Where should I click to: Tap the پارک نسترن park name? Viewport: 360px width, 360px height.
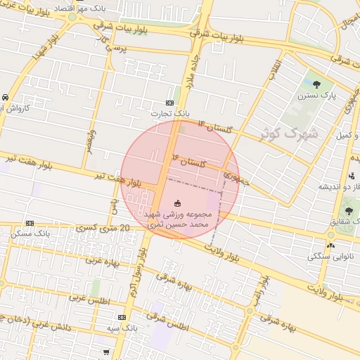click(x=316, y=94)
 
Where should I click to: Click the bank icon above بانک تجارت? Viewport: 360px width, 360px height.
click(x=169, y=103)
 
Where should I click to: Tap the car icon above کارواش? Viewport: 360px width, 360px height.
click(x=5, y=96)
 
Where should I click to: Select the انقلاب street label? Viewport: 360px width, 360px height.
click(x=274, y=67)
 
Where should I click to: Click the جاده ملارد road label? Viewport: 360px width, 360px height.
click(x=190, y=77)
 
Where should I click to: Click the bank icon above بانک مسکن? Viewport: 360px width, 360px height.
click(x=29, y=222)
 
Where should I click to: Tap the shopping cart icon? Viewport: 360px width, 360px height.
click(x=105, y=352)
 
